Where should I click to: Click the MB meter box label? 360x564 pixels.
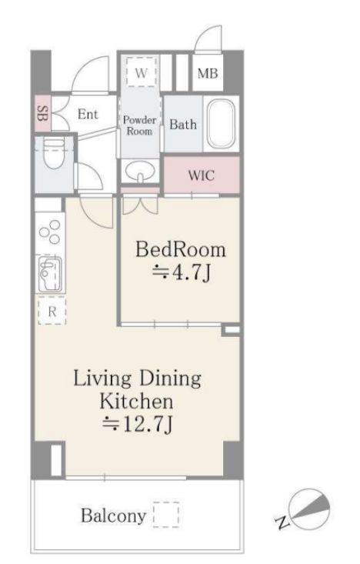point(208,74)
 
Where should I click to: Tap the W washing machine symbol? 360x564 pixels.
point(142,72)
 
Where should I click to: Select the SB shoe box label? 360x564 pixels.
point(43,113)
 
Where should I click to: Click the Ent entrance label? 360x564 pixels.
point(88,114)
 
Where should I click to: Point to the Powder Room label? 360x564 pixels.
point(139,125)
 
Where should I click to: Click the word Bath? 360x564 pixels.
point(183,125)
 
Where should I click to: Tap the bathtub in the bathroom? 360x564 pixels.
point(222,123)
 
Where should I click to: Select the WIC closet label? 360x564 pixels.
point(201,175)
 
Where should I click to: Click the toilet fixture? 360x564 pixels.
point(54,153)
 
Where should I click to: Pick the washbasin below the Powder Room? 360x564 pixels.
point(140,171)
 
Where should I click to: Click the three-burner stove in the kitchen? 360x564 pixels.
point(50,232)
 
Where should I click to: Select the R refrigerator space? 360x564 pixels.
point(52,311)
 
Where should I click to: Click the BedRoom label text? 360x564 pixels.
point(181,249)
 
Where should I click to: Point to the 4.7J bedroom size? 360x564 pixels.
point(182,272)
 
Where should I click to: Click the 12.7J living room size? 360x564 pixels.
point(138,425)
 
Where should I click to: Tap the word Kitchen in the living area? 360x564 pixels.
point(136,401)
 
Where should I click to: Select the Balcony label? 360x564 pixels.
point(113,516)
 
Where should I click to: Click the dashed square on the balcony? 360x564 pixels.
point(166,515)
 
